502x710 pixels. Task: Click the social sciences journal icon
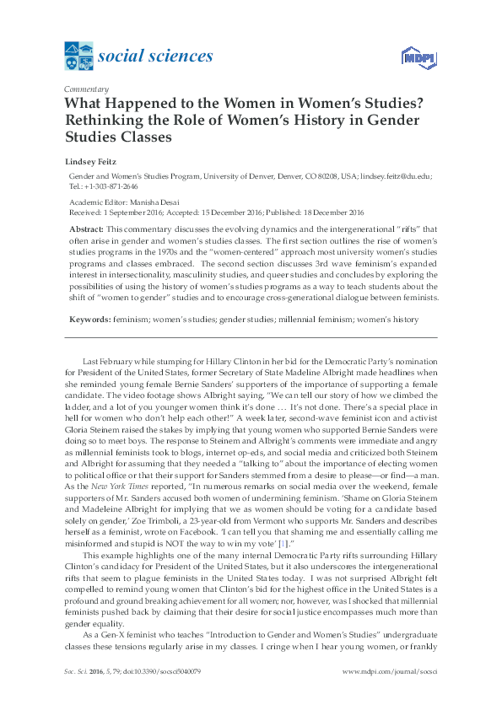point(79,57)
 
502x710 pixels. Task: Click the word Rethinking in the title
point(104,119)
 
